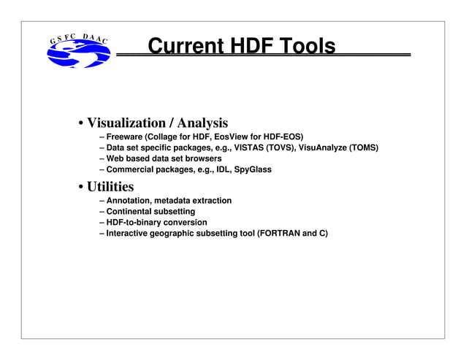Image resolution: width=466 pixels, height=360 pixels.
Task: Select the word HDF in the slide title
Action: point(249,47)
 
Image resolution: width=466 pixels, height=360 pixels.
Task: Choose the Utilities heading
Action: point(110,186)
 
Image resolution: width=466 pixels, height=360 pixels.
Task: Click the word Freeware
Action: point(125,137)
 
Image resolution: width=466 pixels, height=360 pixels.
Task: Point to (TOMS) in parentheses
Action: point(364,148)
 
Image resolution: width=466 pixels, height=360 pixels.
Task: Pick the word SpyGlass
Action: point(251,169)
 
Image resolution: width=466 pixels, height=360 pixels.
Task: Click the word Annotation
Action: point(131,200)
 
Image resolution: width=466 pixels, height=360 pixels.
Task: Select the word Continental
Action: point(132,211)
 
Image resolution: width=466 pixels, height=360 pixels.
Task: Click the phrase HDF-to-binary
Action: point(137,222)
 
